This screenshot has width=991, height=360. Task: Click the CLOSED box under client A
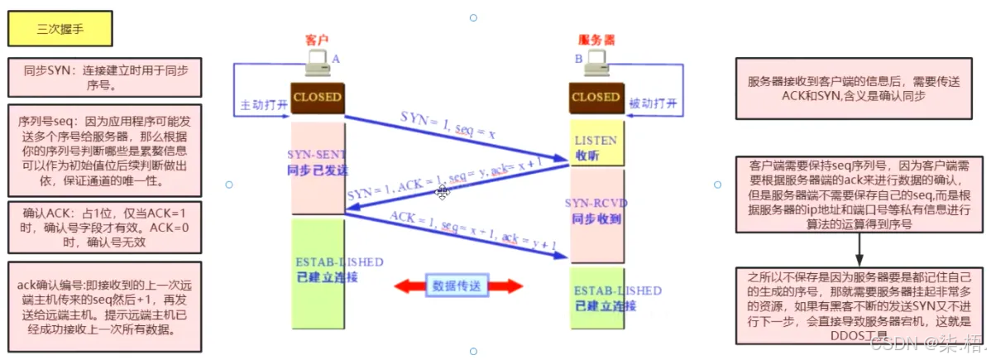click(317, 97)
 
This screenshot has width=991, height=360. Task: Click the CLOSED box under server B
click(596, 97)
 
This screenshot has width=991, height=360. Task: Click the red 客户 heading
click(318, 40)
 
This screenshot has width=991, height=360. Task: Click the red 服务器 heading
click(597, 40)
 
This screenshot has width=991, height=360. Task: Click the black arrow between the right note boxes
click(860, 248)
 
